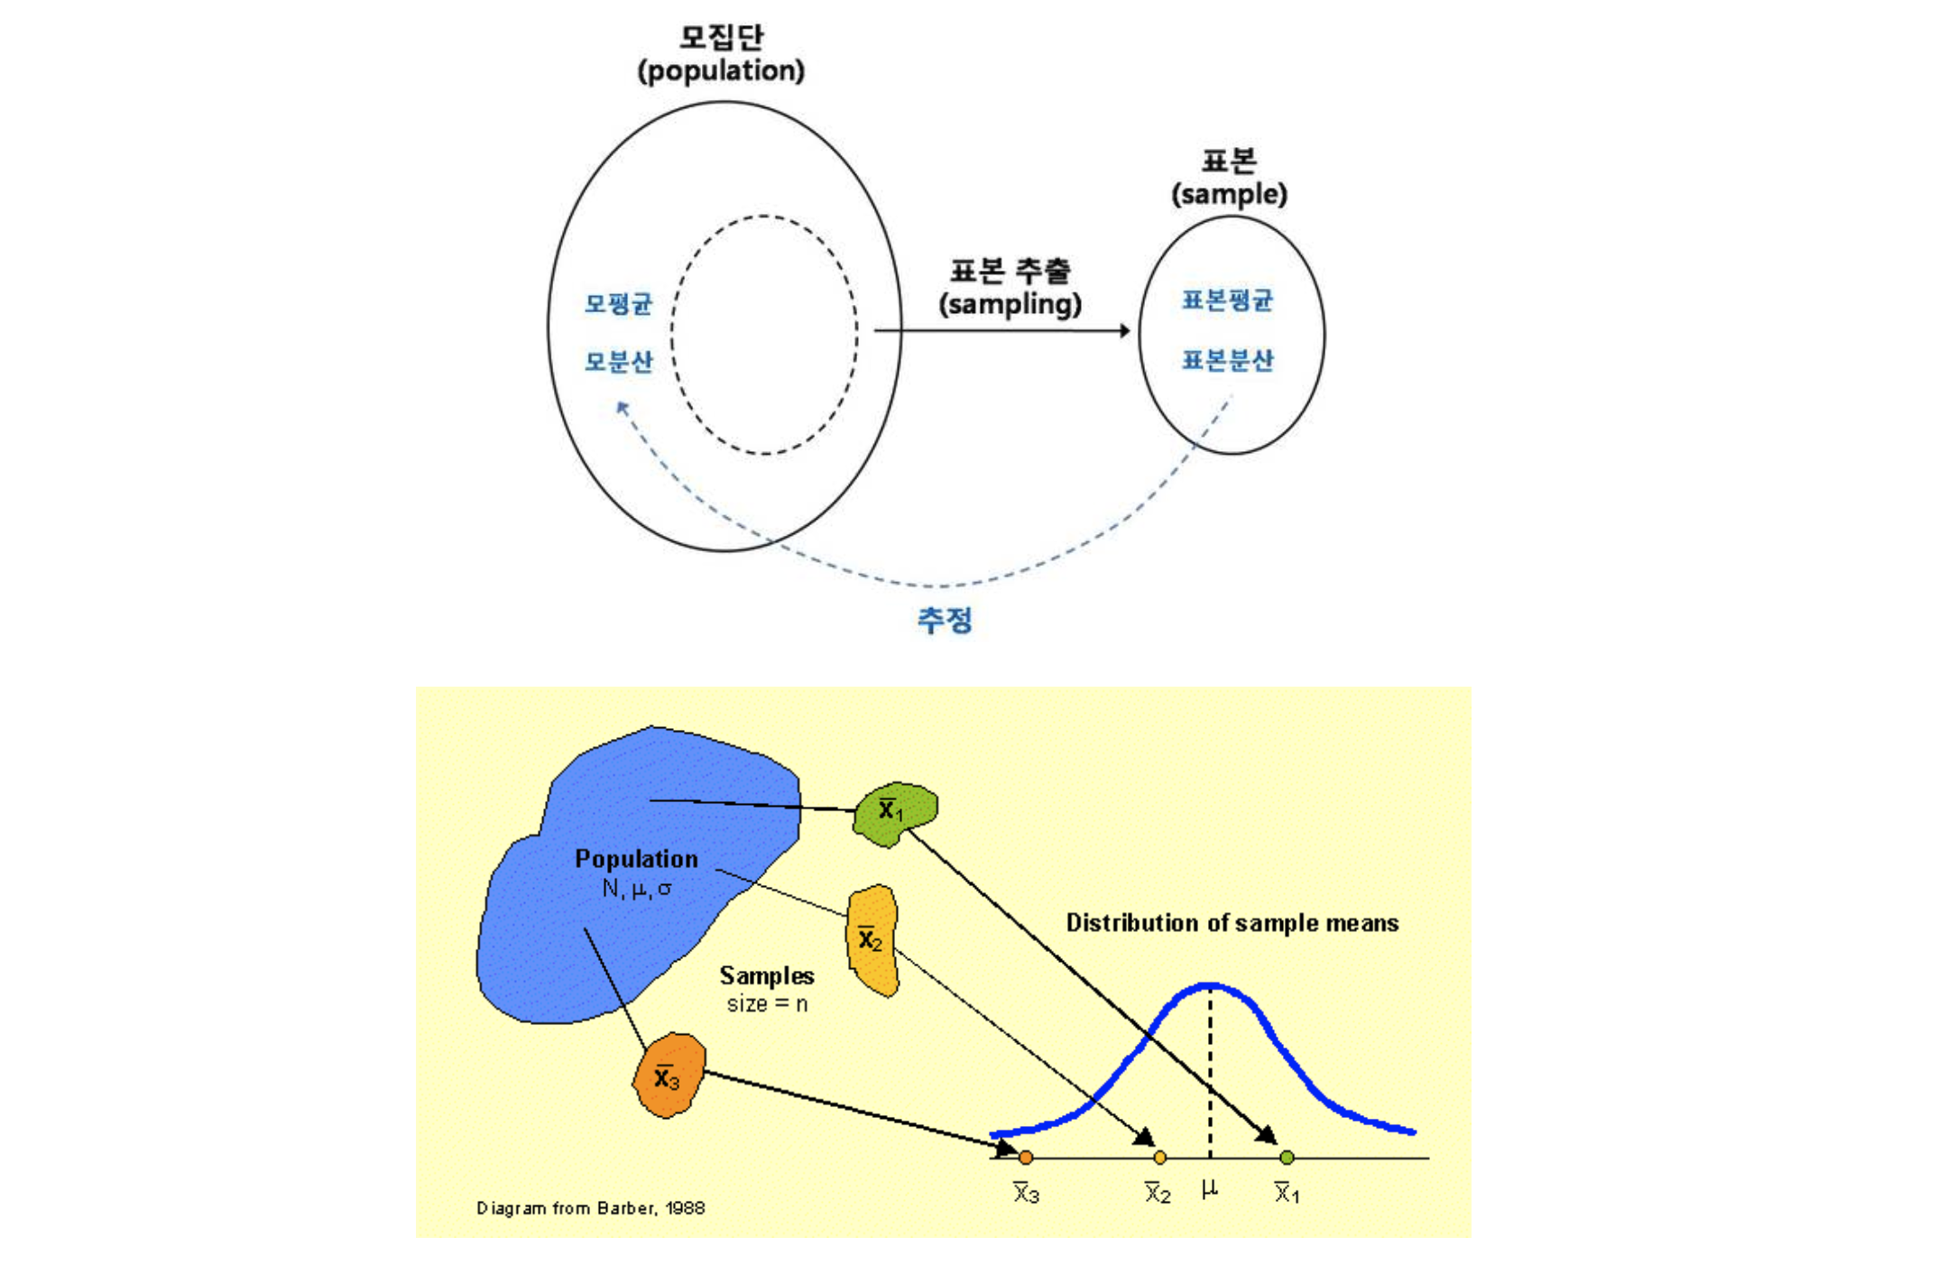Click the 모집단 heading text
[721, 37]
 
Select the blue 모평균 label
[618, 303]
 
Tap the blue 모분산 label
[618, 362]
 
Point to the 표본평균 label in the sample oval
[1227, 300]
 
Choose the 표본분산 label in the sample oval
[1227, 360]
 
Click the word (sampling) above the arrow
[1010, 305]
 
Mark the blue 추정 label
[945, 620]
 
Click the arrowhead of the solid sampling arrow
[1124, 331]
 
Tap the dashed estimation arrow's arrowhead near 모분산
[622, 408]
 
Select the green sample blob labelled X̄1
[895, 813]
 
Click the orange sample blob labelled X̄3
[669, 1076]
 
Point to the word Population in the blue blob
[636, 858]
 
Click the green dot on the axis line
[1287, 1158]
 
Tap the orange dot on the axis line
[1025, 1158]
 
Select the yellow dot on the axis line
[1159, 1158]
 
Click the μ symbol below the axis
[1210, 1190]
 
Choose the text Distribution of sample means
[1232, 923]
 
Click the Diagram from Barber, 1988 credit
[590, 1208]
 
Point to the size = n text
[767, 1004]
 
